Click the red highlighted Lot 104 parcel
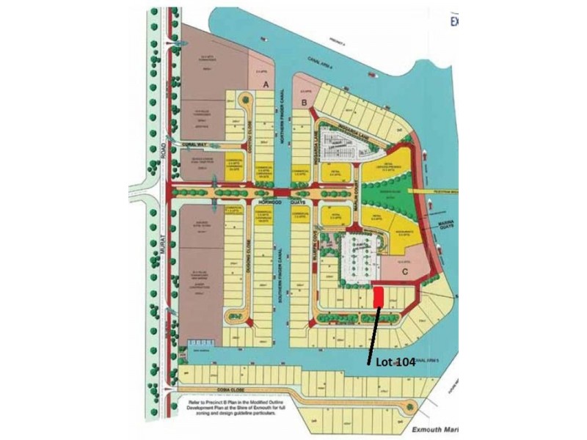point(379,297)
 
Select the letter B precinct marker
point(304,103)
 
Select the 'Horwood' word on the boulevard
point(269,202)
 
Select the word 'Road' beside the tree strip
point(161,150)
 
